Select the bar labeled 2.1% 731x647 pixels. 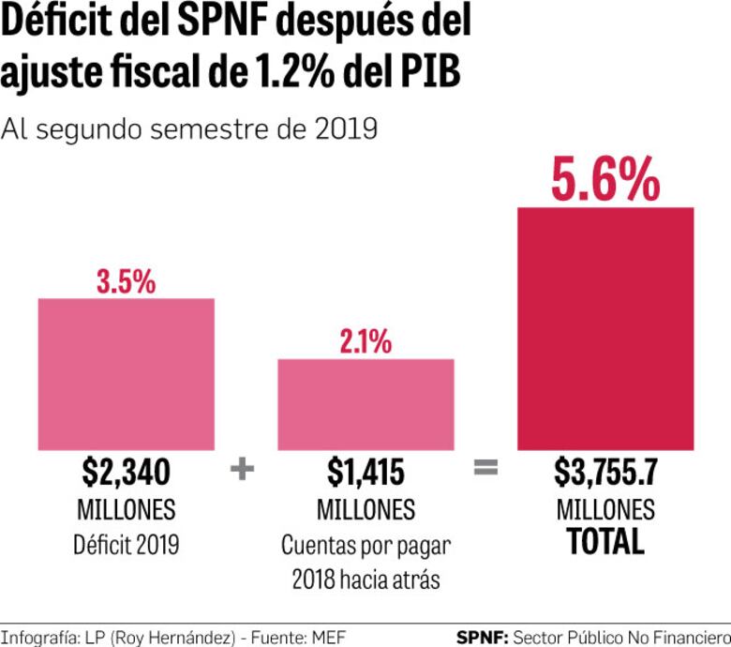click(x=365, y=403)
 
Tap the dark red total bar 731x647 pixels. click(x=605, y=328)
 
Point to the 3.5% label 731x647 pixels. click(x=126, y=281)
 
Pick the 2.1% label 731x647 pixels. click(x=365, y=342)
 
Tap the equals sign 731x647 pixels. click(x=485, y=468)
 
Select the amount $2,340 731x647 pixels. click(x=126, y=473)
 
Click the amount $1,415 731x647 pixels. click(x=365, y=473)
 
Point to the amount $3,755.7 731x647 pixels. click(x=605, y=473)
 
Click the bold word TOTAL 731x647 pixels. click(x=605, y=542)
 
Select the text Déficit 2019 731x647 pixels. click(x=126, y=545)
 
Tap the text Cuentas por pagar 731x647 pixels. click(x=365, y=545)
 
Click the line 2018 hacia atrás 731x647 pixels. click(x=365, y=579)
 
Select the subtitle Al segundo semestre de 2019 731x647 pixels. click(x=189, y=128)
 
